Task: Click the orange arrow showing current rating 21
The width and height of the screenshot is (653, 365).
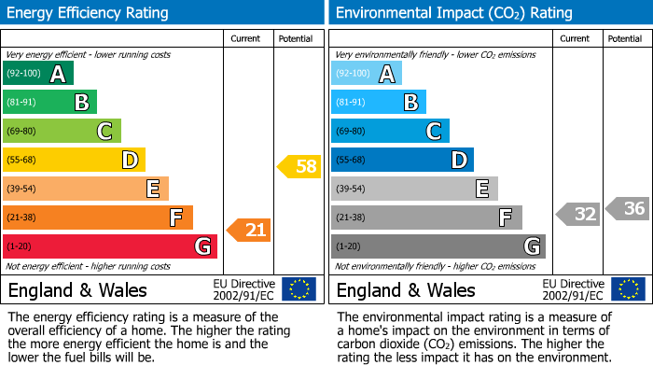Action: point(249,229)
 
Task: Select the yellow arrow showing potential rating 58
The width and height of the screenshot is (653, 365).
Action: point(299,166)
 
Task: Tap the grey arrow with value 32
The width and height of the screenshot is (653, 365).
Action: point(578,214)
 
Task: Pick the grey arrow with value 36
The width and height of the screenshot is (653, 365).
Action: point(628,208)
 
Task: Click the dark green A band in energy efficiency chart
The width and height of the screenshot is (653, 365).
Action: point(37,74)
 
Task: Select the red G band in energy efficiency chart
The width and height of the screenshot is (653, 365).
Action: point(109,246)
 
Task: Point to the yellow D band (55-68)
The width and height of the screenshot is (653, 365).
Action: point(74,160)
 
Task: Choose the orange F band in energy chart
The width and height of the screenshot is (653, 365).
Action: point(97,218)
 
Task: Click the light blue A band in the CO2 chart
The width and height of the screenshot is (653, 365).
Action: point(367,74)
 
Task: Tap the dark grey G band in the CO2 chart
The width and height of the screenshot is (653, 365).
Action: point(438,246)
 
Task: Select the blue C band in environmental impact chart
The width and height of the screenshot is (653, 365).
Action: point(390,131)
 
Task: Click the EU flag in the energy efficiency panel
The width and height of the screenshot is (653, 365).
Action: point(299,289)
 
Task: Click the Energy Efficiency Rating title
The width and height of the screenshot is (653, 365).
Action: point(89,13)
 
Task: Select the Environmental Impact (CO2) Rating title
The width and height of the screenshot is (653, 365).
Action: point(453,13)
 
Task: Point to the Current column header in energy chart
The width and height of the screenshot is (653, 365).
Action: point(246,38)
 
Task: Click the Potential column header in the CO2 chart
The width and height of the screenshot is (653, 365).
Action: point(624,38)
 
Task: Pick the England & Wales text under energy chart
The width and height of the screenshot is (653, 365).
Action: point(77,290)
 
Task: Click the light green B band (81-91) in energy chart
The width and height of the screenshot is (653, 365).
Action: point(49,103)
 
